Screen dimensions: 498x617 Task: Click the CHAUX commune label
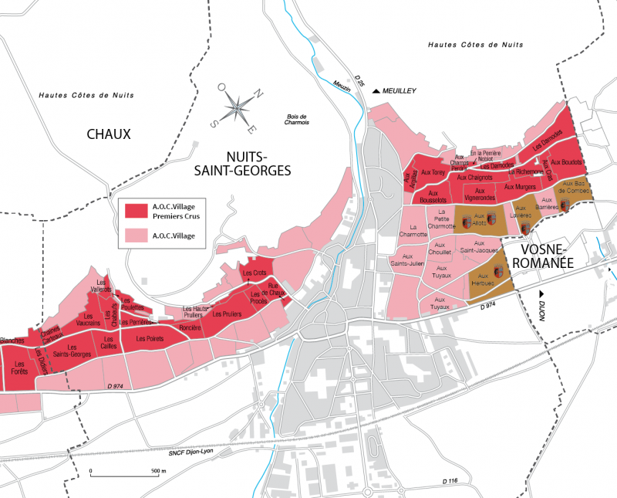click(x=109, y=134)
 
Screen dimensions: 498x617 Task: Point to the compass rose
click(x=239, y=106)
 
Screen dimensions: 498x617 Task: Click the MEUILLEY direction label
click(x=394, y=91)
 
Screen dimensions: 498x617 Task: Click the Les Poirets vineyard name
click(x=150, y=338)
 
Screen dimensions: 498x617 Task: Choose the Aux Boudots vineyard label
click(x=566, y=163)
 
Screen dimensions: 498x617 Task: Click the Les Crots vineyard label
click(x=254, y=273)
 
